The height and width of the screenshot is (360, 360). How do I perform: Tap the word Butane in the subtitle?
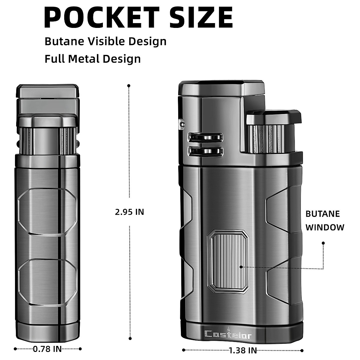tap(64, 41)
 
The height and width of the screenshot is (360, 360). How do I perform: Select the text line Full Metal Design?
tap(93, 59)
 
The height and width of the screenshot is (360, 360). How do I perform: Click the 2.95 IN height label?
tap(130, 212)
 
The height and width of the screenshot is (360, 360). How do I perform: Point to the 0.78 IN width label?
tap(47, 349)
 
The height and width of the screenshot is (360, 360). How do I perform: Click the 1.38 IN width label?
tap(243, 350)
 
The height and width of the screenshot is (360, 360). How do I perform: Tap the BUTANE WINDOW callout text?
tap(325, 220)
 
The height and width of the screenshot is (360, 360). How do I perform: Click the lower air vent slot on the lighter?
tap(205, 151)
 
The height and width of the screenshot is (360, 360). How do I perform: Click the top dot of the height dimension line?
tap(129, 86)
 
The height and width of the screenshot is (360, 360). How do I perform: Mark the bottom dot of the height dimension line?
tap(130, 337)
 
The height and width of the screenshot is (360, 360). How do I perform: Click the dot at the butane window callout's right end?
tap(323, 243)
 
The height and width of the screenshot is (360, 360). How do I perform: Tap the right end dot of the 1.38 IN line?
tap(302, 350)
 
